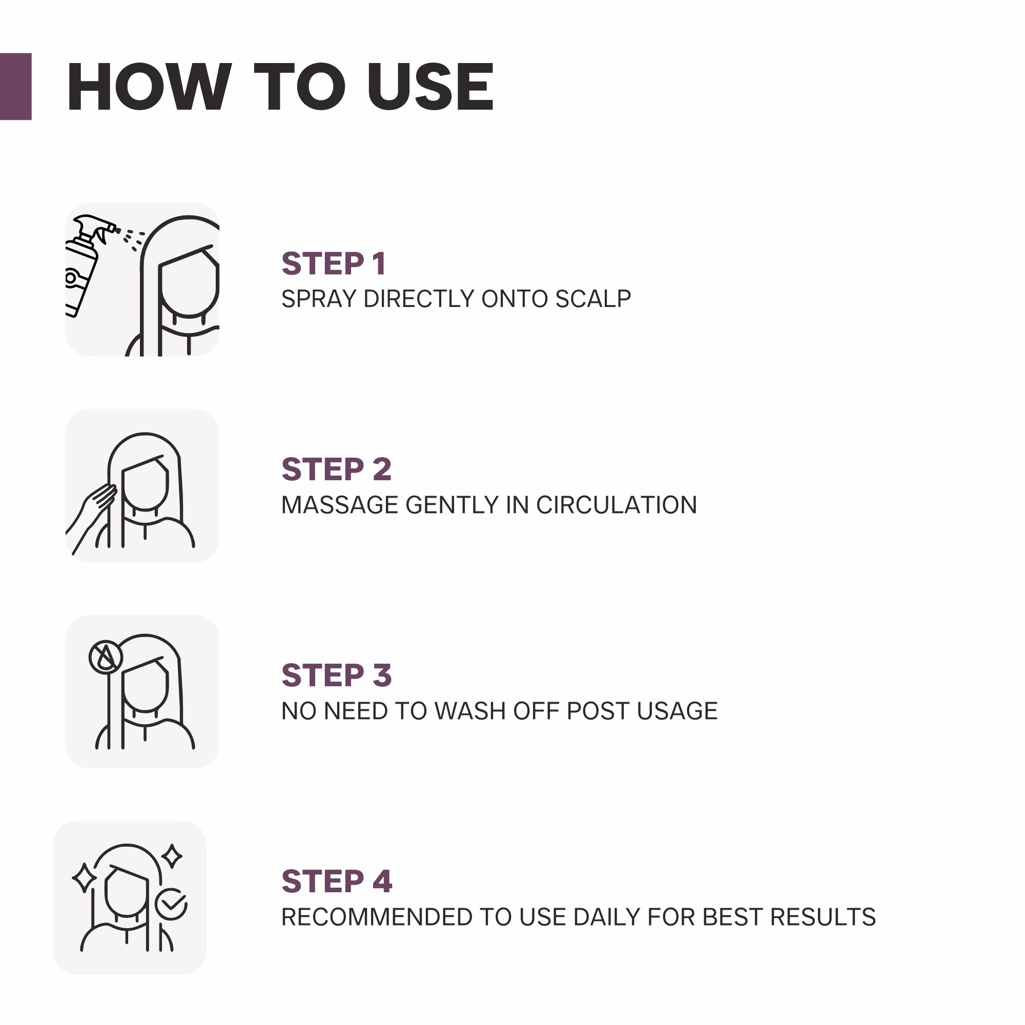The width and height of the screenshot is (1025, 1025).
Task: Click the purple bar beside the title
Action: point(16,87)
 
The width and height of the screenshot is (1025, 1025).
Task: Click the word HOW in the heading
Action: point(149,87)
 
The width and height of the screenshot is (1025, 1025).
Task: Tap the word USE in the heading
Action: point(431,87)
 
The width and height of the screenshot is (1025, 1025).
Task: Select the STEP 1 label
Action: point(334,263)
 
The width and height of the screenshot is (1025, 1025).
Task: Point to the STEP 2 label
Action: point(336,469)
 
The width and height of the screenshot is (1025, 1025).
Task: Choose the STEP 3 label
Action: point(336,675)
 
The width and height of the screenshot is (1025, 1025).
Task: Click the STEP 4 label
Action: point(337,881)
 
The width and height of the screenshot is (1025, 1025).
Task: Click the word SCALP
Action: point(593,299)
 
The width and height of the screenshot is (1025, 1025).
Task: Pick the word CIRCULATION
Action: point(617,504)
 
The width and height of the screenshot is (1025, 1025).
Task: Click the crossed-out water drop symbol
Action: point(106,657)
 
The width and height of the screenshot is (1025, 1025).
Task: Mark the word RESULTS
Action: point(823,917)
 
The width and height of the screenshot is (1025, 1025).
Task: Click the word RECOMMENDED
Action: point(377,917)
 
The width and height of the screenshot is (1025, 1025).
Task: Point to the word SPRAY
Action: point(319,299)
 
